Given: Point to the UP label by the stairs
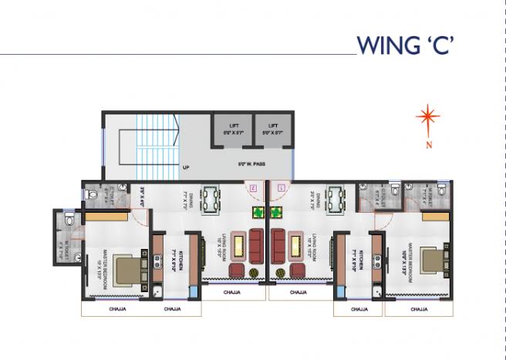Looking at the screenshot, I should click(x=187, y=167).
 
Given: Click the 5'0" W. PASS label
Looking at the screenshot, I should click(x=251, y=163).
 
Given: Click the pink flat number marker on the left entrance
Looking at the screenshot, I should click(x=251, y=187).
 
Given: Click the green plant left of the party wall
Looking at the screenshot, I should click(x=258, y=214).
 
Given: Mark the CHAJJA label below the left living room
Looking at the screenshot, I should click(x=231, y=293).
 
